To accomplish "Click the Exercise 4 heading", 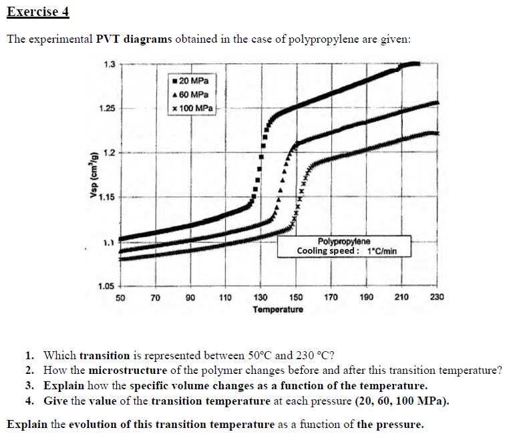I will pyautogui.click(x=38, y=12).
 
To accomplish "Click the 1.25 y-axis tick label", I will pyautogui.click(x=107, y=108).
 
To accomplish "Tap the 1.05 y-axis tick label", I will pyautogui.click(x=107, y=286).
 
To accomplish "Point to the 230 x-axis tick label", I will pyautogui.click(x=437, y=297).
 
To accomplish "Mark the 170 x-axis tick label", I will pyautogui.click(x=331, y=297).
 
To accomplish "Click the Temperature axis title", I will pyautogui.click(x=278, y=310).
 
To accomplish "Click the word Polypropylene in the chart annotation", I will pyautogui.click(x=339, y=242).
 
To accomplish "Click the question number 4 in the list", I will pyautogui.click(x=31, y=401).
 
